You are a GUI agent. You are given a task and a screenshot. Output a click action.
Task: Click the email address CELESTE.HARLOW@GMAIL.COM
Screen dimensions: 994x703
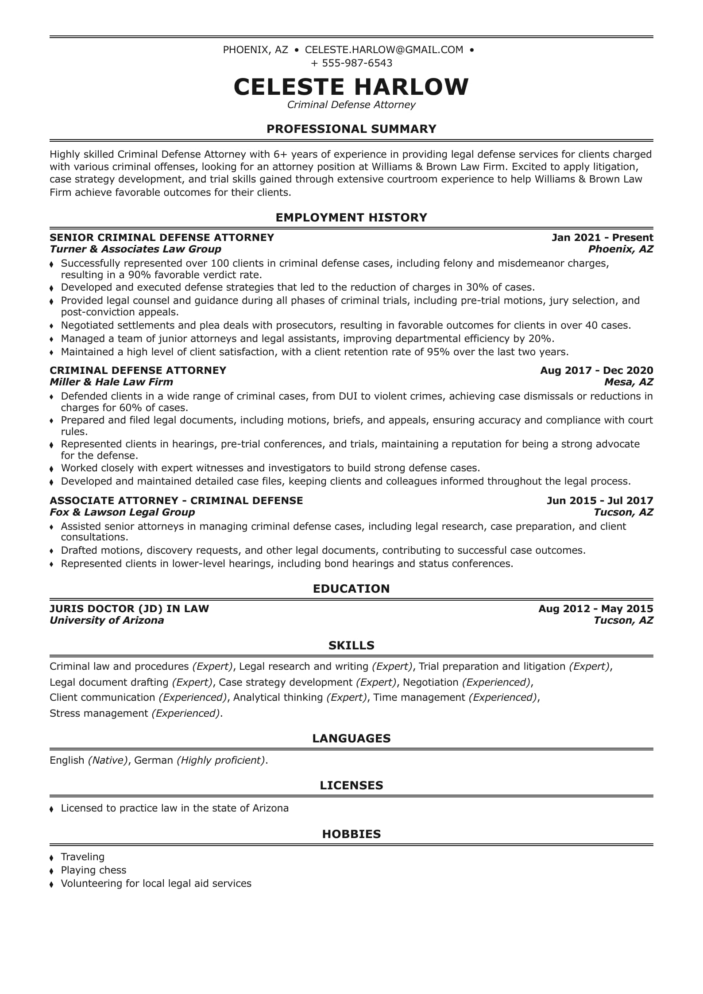click(384, 50)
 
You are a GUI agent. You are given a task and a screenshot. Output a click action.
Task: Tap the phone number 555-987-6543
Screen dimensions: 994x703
click(357, 63)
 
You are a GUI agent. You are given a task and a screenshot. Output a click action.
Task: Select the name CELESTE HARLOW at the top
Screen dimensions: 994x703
click(351, 86)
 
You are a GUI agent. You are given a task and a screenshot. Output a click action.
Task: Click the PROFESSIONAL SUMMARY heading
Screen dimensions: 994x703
click(351, 129)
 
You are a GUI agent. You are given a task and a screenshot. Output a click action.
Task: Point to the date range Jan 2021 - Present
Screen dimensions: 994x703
click(602, 237)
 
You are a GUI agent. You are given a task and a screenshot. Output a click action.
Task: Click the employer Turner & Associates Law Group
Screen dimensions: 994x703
click(135, 249)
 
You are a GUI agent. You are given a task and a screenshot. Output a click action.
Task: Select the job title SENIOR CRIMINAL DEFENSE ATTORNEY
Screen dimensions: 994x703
click(162, 237)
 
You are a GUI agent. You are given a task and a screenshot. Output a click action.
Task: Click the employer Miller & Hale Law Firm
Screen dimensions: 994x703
click(111, 382)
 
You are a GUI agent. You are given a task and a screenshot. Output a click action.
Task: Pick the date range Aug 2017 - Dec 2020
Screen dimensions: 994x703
click(596, 370)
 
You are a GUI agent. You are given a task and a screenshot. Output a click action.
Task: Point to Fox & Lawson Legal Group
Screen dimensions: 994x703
click(122, 512)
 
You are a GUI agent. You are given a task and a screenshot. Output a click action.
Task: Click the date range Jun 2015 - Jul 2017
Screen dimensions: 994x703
click(600, 501)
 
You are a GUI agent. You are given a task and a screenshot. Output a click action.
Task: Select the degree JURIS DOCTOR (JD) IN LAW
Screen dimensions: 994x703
click(129, 609)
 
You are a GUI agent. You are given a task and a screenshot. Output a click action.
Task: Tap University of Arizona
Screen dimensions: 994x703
click(107, 620)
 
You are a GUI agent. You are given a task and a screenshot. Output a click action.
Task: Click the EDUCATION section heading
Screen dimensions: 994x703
click(351, 589)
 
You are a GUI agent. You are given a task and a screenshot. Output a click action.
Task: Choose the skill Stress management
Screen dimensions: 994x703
click(98, 713)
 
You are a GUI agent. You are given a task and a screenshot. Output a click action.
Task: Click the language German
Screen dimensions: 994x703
click(153, 760)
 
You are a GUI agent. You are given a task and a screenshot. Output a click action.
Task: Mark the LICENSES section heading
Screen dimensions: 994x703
click(351, 785)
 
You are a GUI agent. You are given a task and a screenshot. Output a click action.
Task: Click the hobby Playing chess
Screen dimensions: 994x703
click(93, 870)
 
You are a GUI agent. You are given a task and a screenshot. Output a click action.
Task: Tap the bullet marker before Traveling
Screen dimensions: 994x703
click(52, 858)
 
